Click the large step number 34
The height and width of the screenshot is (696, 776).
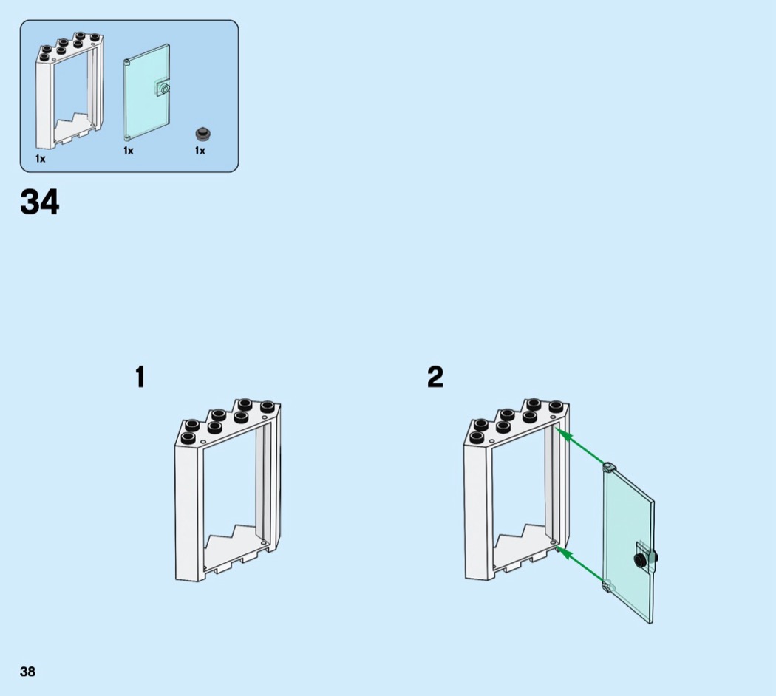click(x=40, y=202)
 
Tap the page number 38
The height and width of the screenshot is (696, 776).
click(x=27, y=672)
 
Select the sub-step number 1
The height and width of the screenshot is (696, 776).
click(x=140, y=378)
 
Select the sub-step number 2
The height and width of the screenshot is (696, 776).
click(x=435, y=378)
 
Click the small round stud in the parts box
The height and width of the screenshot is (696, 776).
click(x=202, y=134)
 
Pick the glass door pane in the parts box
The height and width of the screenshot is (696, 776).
click(x=146, y=92)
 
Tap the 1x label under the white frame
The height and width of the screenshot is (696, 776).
click(x=40, y=159)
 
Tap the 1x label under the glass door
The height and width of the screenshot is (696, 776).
click(x=129, y=151)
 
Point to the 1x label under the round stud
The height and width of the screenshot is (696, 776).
click(x=200, y=151)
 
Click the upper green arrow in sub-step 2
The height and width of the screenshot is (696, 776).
click(x=582, y=447)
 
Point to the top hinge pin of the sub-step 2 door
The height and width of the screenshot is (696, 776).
click(x=608, y=466)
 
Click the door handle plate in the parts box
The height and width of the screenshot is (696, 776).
click(x=162, y=89)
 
